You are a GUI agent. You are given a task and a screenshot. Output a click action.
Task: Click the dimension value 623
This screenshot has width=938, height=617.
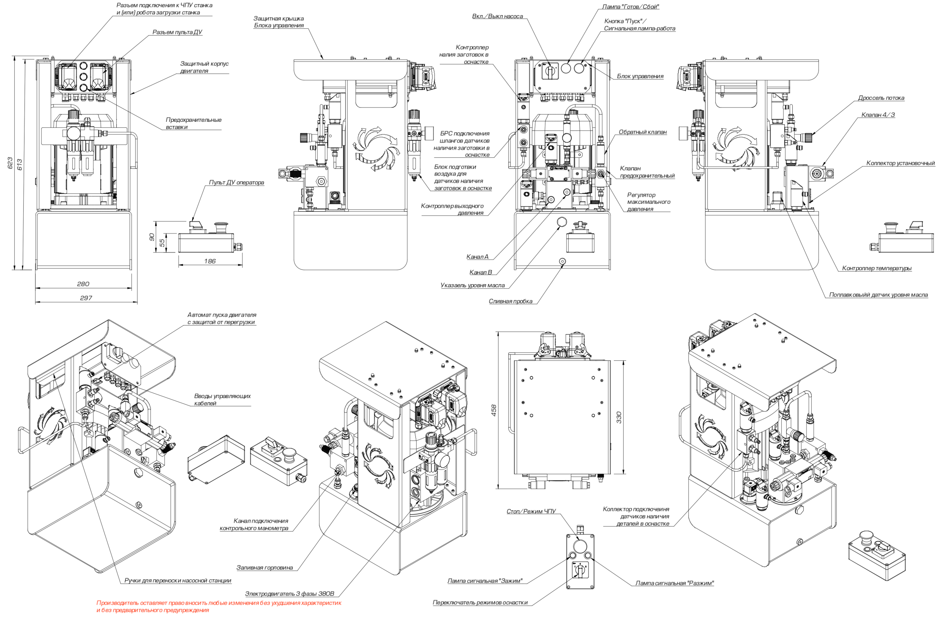tap(10, 163)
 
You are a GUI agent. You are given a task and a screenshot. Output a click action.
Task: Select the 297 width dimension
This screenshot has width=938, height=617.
tap(86, 298)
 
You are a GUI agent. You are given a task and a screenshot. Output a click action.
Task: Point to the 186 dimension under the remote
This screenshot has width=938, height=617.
tap(210, 261)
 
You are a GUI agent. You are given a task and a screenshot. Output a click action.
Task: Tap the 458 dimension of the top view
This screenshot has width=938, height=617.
tap(494, 410)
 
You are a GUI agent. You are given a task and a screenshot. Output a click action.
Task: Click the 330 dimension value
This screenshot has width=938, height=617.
tap(619, 417)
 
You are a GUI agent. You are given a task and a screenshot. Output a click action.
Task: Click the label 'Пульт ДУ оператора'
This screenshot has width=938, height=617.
tap(236, 183)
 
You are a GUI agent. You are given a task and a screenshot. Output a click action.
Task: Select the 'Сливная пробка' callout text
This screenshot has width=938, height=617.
tap(510, 302)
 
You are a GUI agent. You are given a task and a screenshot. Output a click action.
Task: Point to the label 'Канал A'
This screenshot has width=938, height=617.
tap(477, 257)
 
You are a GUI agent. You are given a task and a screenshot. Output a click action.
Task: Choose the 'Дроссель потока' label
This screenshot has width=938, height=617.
tap(881, 98)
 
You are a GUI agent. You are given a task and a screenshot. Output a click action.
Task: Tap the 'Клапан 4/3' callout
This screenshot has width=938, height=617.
tap(878, 115)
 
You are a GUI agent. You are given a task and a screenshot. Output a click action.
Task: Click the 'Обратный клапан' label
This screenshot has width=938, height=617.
tap(643, 132)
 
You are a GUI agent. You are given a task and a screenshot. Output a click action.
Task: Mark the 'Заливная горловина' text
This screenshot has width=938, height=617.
tap(264, 568)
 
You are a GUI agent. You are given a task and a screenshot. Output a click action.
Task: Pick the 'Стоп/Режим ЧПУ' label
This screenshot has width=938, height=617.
tap(531, 512)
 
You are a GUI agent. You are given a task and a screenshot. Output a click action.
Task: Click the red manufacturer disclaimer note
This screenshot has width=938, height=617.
tap(218, 606)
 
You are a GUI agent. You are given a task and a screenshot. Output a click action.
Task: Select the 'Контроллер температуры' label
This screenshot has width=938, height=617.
tap(877, 269)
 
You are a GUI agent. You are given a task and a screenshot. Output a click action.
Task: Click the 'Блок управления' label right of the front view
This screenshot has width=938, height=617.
tap(640, 77)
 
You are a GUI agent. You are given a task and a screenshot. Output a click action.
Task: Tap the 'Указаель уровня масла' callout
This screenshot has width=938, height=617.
tap(472, 285)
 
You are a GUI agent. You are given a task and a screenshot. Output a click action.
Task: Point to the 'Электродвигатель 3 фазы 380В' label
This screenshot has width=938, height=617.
tap(289, 594)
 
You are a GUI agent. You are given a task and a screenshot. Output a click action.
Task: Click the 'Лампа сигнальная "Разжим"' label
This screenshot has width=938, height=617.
tap(674, 584)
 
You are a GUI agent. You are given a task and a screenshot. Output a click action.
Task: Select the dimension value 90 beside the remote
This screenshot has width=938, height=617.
tap(152, 237)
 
